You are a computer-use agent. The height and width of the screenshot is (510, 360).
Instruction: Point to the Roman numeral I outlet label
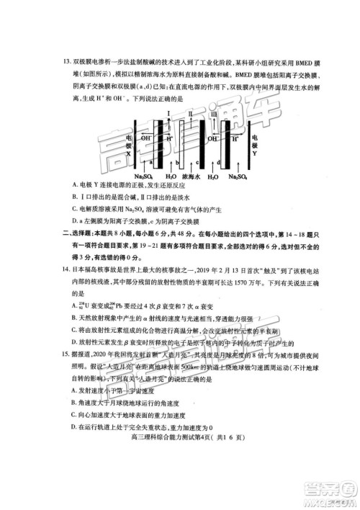pos(168,114)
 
